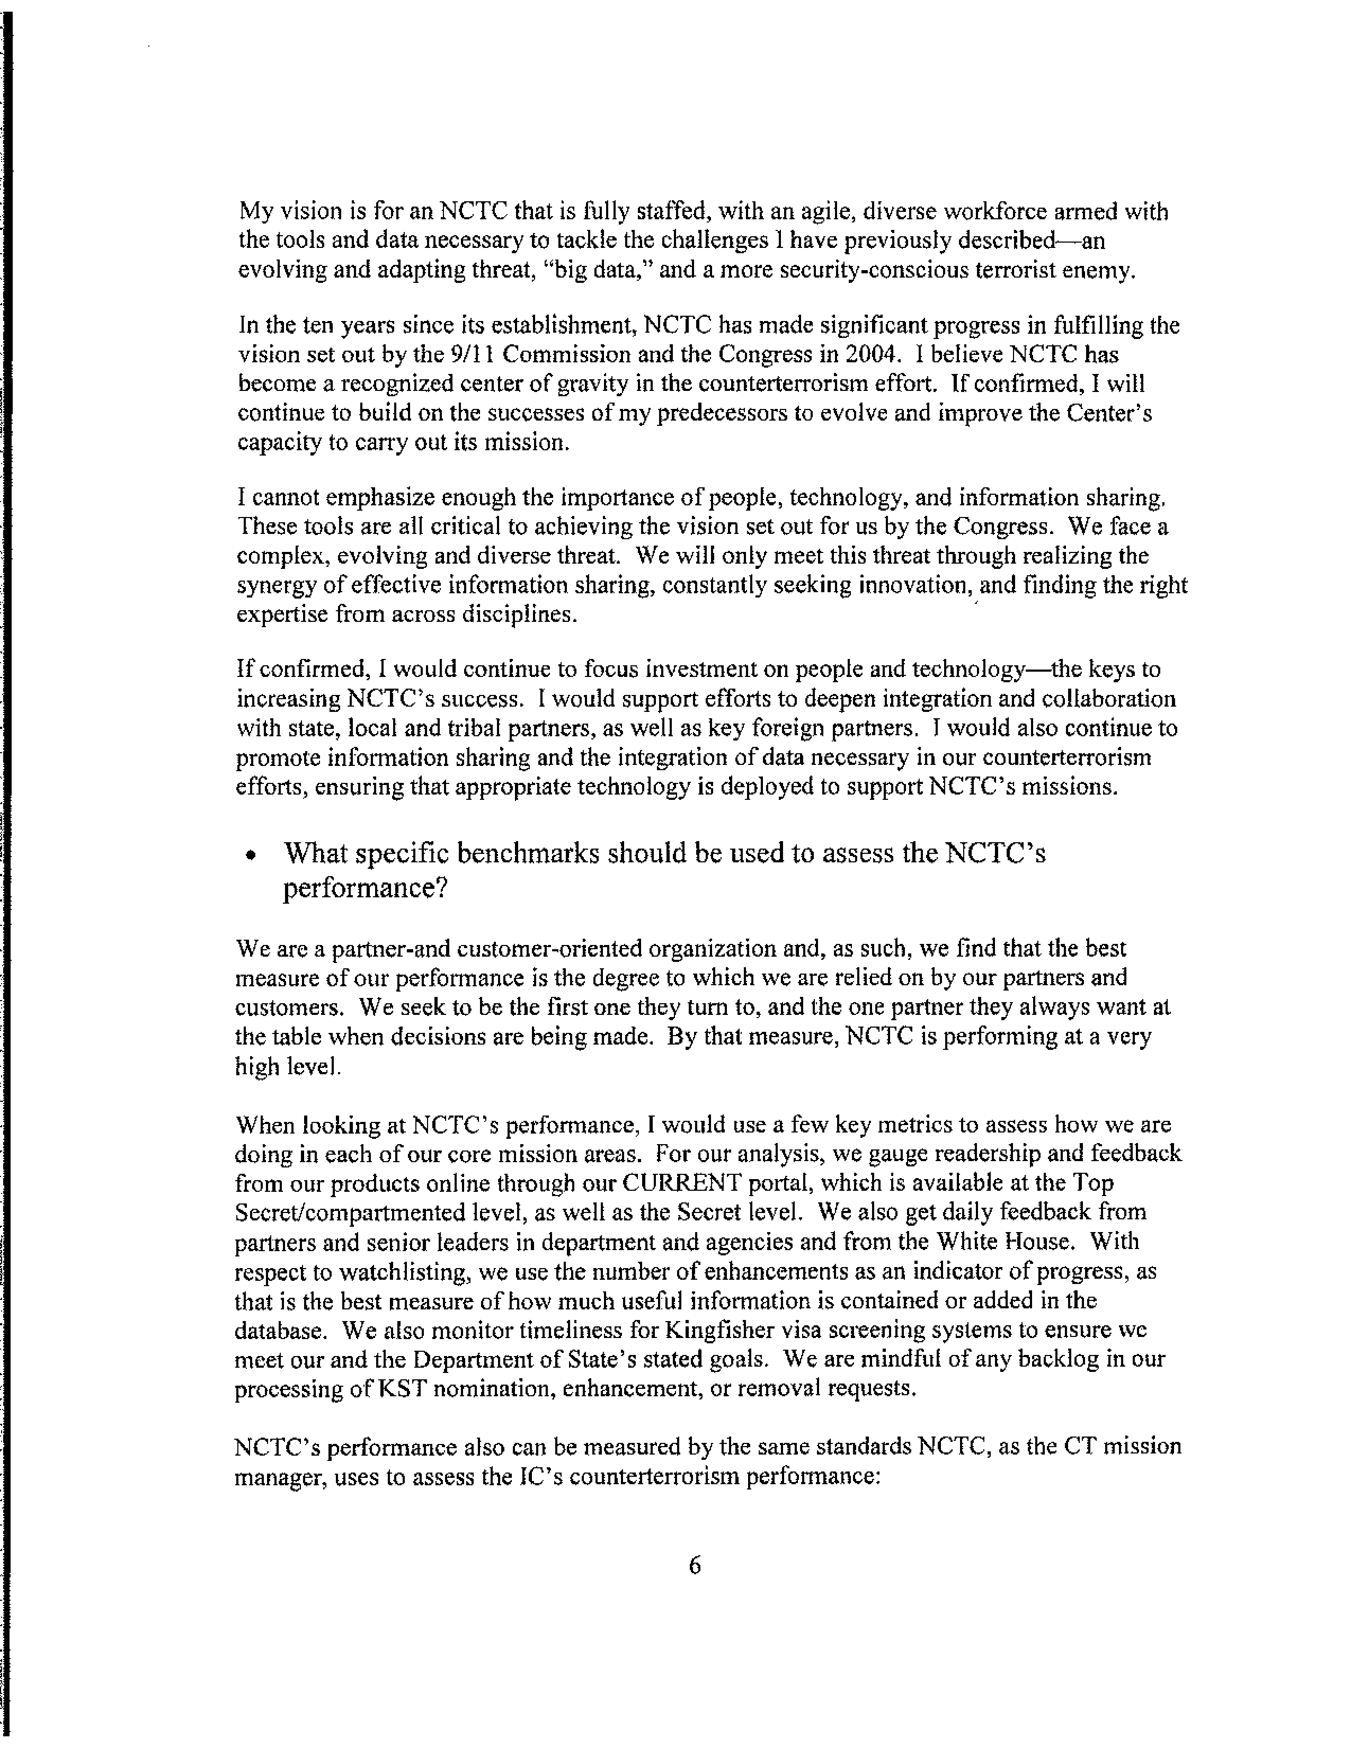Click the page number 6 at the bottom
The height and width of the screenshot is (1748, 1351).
(x=694, y=1565)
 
